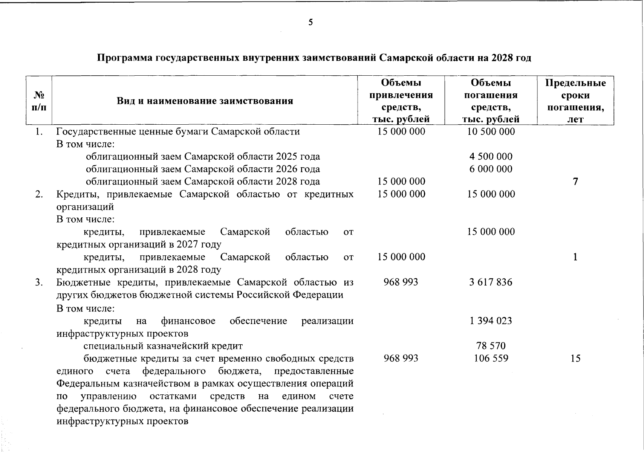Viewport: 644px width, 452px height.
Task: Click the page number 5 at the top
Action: (311, 22)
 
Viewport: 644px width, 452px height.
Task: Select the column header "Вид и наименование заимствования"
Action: (205, 101)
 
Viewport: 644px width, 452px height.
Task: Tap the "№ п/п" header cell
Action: (39, 101)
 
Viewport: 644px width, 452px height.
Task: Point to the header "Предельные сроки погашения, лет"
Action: (575, 101)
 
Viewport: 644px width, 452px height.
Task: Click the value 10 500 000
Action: (491, 131)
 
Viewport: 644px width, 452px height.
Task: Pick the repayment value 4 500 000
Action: (491, 156)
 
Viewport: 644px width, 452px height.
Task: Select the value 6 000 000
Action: (491, 169)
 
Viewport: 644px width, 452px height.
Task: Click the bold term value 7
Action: (575, 182)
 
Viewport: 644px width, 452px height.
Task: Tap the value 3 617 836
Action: (491, 282)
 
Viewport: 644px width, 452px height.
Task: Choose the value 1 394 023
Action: (491, 321)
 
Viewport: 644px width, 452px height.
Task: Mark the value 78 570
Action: (491, 345)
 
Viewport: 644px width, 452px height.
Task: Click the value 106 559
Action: (491, 358)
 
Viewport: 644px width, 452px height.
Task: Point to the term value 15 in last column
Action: (575, 358)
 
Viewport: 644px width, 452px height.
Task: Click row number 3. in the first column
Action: (39, 282)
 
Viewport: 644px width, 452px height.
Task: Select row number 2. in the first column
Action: (39, 194)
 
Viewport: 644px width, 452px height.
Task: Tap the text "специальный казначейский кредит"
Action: (163, 346)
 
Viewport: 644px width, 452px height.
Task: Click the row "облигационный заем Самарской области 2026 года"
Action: (203, 169)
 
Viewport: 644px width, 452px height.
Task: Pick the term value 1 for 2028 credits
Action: (575, 257)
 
